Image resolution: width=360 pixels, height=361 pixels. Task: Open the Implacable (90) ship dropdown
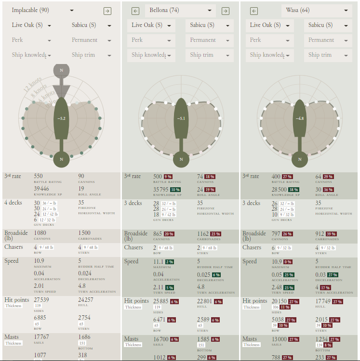[42, 10]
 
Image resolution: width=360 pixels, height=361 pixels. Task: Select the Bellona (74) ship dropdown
[180, 11]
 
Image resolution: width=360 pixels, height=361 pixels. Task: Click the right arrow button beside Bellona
[225, 11]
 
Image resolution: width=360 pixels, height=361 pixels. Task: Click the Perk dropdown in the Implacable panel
[31, 40]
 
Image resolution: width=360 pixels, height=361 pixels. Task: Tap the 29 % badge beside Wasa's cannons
[328, 177]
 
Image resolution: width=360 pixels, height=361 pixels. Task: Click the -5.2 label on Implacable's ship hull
[61, 117]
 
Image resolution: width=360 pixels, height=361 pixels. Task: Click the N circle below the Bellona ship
[181, 159]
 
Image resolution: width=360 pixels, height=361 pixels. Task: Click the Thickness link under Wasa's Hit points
[252, 307]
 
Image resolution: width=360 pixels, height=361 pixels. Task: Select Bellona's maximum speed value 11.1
[159, 261]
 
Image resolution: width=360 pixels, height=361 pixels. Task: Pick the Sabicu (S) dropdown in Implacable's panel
[90, 25]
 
